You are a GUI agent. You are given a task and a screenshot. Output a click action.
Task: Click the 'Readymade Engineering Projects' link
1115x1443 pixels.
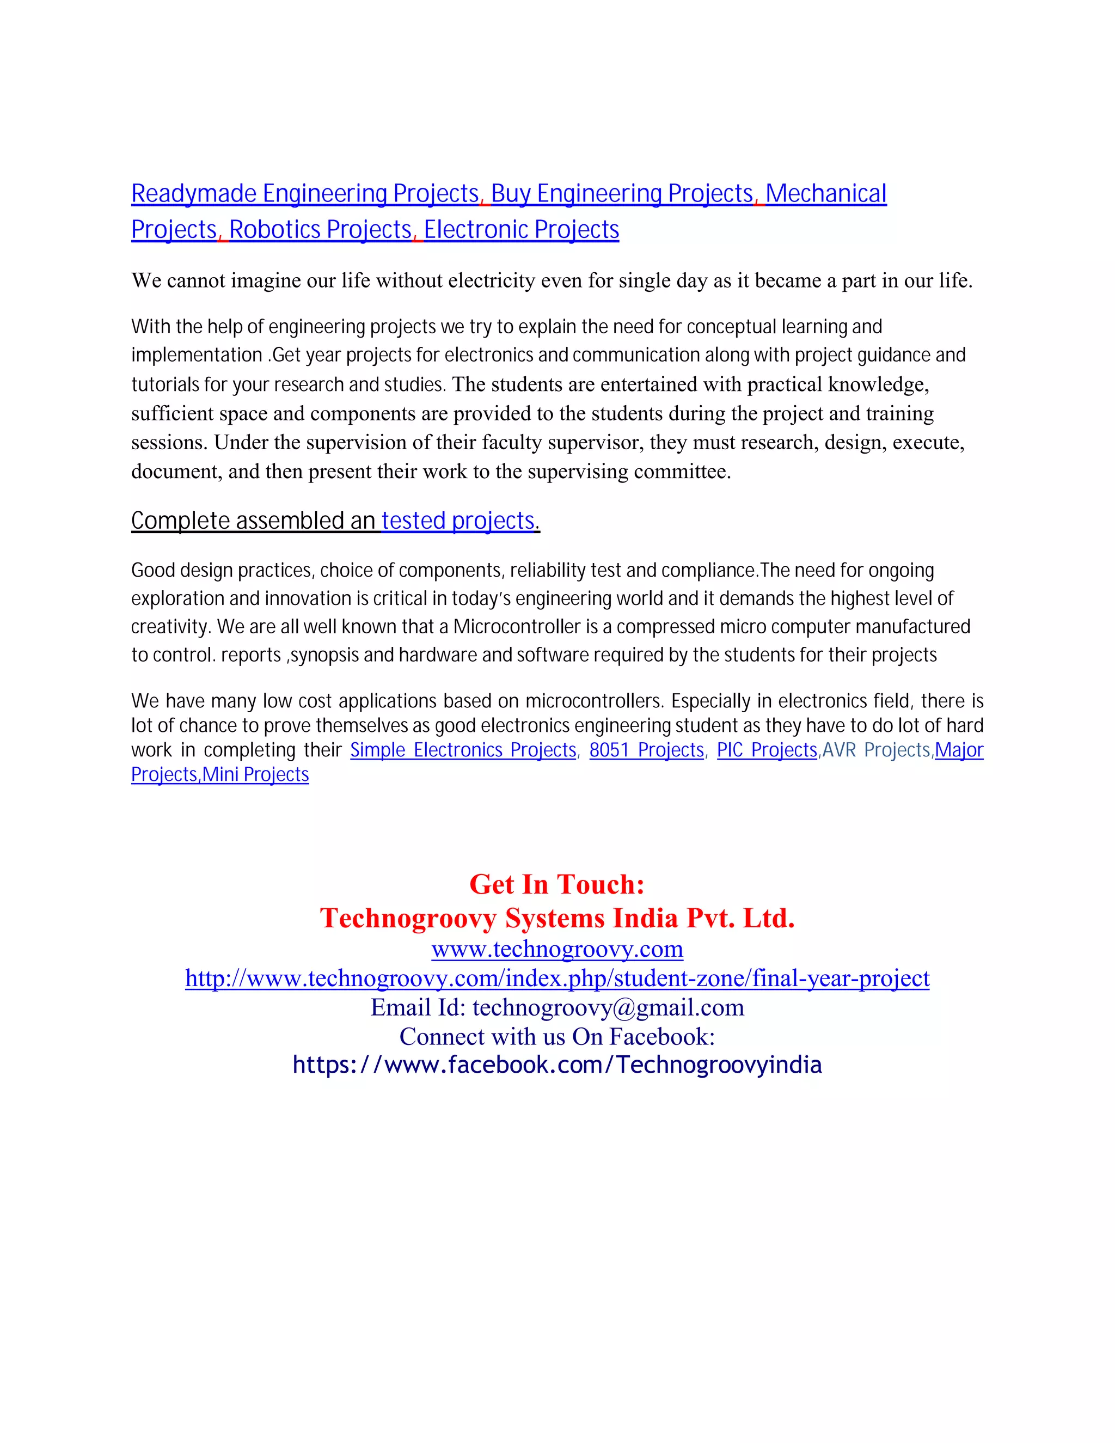pyautogui.click(x=304, y=194)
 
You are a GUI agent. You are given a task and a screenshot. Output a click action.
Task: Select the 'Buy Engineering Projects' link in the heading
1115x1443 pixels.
pyautogui.click(x=622, y=194)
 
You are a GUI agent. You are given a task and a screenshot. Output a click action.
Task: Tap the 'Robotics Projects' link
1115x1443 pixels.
pyautogui.click(x=320, y=229)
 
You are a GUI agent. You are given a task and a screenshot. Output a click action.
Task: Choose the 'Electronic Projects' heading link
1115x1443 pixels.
pyautogui.click(x=521, y=229)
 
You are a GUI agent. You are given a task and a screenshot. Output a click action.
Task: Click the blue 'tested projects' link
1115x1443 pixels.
pyautogui.click(x=458, y=521)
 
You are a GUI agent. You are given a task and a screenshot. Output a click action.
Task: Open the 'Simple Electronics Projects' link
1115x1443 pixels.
pyautogui.click(x=463, y=750)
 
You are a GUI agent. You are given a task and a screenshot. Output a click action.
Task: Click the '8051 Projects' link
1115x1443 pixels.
pyautogui.click(x=646, y=750)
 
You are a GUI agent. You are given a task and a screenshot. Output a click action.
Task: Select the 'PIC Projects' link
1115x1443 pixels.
pyautogui.click(x=767, y=750)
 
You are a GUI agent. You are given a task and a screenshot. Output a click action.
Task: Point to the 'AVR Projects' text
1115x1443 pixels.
pyautogui.click(x=876, y=750)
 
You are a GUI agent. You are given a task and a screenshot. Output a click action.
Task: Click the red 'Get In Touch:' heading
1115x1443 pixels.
pyautogui.click(x=557, y=884)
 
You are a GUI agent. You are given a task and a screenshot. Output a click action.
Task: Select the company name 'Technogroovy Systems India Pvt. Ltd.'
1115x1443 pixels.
pyautogui.click(x=557, y=918)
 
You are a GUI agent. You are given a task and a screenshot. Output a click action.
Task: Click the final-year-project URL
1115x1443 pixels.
pyautogui.click(x=557, y=978)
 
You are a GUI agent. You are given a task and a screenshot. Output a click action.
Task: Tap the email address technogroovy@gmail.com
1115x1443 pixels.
pyautogui.click(x=608, y=1007)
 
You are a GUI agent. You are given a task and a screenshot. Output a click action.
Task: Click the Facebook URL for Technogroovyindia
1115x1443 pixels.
pyautogui.click(x=557, y=1065)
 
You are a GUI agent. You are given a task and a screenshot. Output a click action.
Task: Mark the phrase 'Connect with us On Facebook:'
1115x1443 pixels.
pyautogui.click(x=557, y=1036)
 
